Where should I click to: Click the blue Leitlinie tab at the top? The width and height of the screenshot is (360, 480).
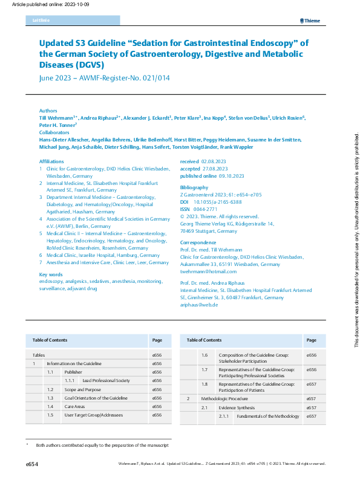click(72, 21)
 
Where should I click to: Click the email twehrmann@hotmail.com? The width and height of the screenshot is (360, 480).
click(209, 271)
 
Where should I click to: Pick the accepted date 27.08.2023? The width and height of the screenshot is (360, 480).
click(215, 168)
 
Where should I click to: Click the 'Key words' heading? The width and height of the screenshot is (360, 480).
click(51, 275)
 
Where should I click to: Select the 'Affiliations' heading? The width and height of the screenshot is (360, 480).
click(52, 162)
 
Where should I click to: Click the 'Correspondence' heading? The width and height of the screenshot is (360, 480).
click(198, 242)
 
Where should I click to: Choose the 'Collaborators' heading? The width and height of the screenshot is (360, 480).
click(54, 132)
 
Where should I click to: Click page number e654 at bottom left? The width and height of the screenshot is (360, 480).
click(32, 464)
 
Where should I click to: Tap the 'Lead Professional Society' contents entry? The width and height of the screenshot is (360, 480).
click(106, 381)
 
